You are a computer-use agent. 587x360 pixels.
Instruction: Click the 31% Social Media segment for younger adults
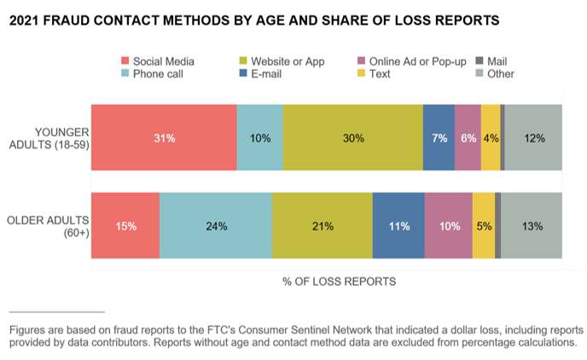click(x=164, y=137)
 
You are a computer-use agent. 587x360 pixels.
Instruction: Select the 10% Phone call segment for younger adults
click(x=259, y=137)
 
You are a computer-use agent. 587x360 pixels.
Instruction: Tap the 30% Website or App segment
click(x=352, y=137)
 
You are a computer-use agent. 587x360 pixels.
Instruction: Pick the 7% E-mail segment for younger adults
click(x=439, y=137)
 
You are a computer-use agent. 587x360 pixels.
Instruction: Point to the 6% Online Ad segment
click(x=468, y=137)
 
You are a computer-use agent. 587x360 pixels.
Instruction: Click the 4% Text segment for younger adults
click(x=491, y=137)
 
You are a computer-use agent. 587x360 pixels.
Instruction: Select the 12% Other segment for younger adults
click(x=533, y=137)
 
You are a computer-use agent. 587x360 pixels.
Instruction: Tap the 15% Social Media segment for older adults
click(x=125, y=225)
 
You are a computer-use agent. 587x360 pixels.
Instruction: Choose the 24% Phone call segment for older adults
click(x=216, y=225)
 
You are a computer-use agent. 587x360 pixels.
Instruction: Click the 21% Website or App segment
click(x=323, y=225)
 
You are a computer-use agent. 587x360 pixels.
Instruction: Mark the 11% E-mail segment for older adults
click(x=398, y=225)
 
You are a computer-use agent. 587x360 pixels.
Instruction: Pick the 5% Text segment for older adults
click(x=483, y=225)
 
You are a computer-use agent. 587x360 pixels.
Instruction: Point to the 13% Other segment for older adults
click(x=531, y=225)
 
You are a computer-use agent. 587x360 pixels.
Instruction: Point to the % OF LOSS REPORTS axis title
click(x=339, y=281)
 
